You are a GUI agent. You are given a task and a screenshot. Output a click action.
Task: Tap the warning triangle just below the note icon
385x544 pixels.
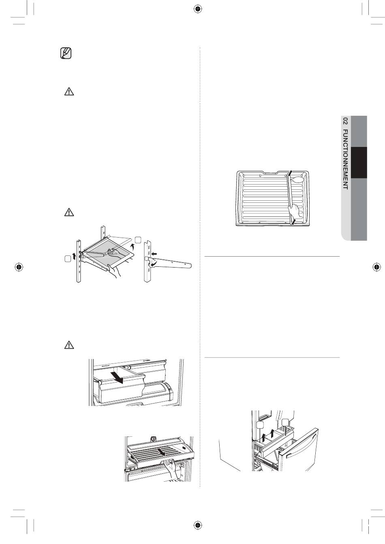pos(69,92)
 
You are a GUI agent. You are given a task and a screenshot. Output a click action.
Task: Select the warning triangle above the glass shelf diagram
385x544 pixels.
pos(69,212)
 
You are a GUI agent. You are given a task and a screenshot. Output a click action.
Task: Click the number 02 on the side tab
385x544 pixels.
pos(345,121)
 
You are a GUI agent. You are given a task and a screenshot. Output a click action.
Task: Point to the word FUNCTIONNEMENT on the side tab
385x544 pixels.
pos(345,159)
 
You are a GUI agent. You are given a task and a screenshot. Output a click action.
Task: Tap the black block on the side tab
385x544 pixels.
pos(359,162)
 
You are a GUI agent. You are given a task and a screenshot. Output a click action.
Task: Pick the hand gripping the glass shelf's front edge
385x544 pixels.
pos(114,271)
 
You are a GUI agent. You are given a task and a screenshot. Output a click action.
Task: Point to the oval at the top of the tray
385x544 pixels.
pos(298,179)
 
